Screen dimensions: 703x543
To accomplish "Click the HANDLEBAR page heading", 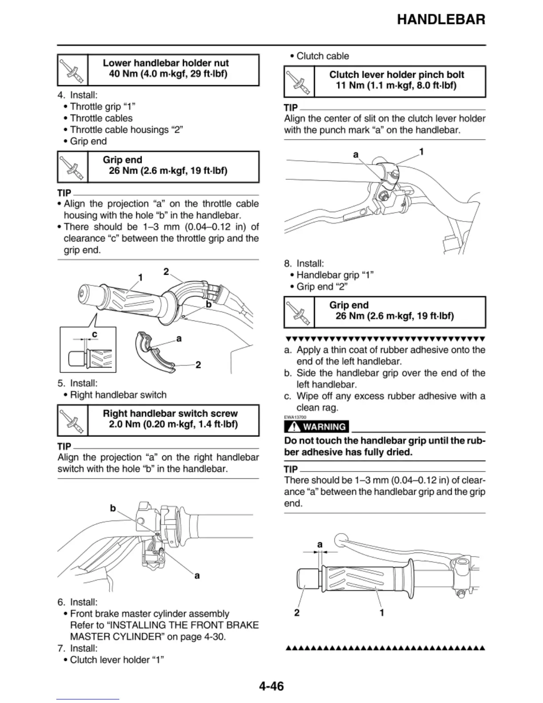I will pyautogui.click(x=441, y=20).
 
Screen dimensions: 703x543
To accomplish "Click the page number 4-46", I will pyautogui.click(x=271, y=686).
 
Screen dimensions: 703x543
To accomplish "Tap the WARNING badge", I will pyautogui.click(x=317, y=427).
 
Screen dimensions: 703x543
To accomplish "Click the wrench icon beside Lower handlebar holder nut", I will pyautogui.click(x=72, y=70).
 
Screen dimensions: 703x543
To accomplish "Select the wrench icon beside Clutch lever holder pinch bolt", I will pyautogui.click(x=299, y=82).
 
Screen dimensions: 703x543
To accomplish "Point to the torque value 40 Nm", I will pyautogui.click(x=123, y=74).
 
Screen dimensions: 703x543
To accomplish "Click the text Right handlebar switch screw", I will pyautogui.click(x=170, y=413).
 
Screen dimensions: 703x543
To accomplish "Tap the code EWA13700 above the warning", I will pyautogui.click(x=295, y=417).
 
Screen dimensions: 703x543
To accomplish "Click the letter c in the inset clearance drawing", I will pyautogui.click(x=94, y=334).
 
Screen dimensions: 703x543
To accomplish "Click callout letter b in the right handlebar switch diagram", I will pyautogui.click(x=113, y=508).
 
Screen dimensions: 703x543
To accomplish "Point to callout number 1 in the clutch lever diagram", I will pyautogui.click(x=421, y=151).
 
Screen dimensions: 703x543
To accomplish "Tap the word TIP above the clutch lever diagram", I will pyautogui.click(x=291, y=108).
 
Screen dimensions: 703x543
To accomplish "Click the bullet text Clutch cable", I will pyautogui.click(x=323, y=56).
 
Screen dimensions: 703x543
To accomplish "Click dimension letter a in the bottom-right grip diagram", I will pyautogui.click(x=319, y=544).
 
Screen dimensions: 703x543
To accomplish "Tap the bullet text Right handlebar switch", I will pyautogui.click(x=118, y=395).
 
